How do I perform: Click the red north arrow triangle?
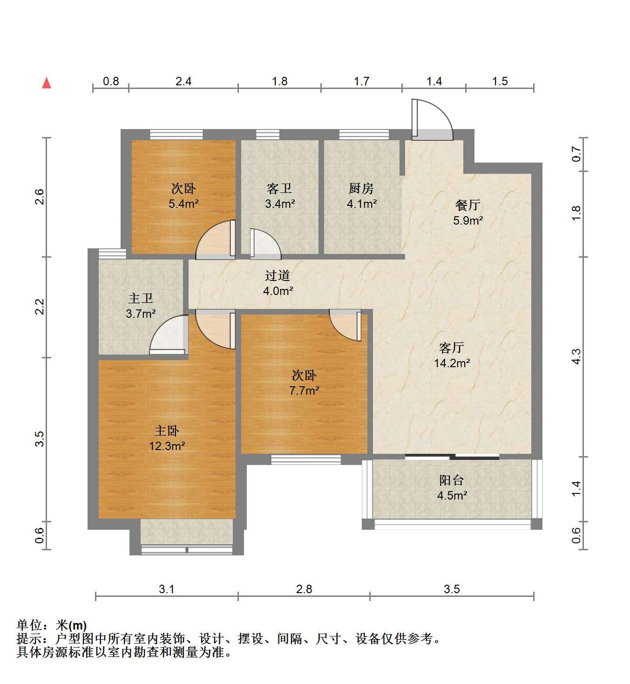click(47, 83)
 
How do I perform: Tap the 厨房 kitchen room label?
click(361, 188)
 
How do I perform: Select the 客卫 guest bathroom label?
click(279, 188)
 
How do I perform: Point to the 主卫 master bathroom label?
click(141, 298)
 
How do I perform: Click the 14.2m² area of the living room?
click(452, 363)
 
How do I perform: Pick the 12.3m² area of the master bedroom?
click(167, 446)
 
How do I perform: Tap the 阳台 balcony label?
click(452, 480)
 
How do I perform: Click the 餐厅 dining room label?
click(467, 205)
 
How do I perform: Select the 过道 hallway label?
click(278, 275)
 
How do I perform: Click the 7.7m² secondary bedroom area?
click(304, 390)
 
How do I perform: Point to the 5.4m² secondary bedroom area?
click(183, 204)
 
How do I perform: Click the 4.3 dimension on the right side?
click(576, 356)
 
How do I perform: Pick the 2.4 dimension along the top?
click(183, 81)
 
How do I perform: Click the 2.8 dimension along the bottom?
click(304, 589)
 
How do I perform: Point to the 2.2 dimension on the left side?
click(40, 307)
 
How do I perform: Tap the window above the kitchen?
click(364, 135)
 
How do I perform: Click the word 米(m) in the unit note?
click(71, 625)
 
